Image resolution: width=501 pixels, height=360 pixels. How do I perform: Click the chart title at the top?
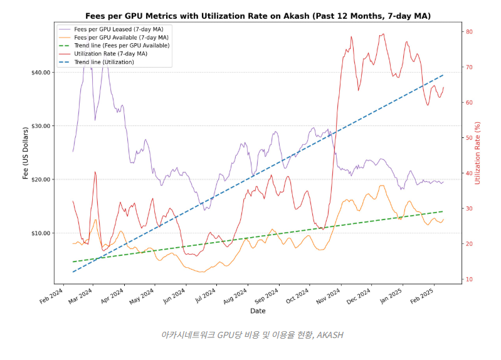pos(258,16)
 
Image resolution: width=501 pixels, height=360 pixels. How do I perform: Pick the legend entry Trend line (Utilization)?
pos(104,62)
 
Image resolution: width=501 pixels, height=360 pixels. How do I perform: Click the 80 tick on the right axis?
pos(469,32)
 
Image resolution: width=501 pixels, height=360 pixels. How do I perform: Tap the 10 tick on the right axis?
pos(469,279)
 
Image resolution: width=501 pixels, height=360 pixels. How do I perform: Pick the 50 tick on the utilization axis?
pos(469,138)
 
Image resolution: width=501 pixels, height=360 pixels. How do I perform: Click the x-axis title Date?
pos(258,311)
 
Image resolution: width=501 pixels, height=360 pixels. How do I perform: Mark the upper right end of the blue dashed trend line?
pos(443,75)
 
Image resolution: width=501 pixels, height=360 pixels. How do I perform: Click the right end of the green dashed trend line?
pos(443,211)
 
